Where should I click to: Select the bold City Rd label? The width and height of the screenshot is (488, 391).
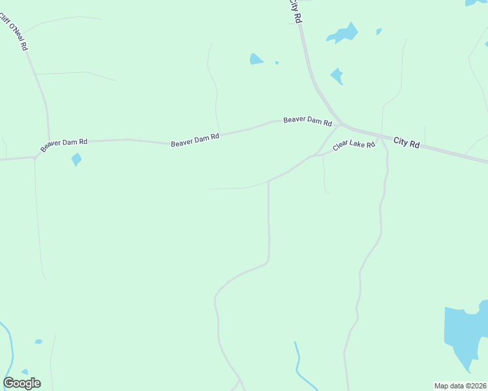coord(406,143)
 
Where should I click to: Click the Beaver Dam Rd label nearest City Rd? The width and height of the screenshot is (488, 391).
coord(307,121)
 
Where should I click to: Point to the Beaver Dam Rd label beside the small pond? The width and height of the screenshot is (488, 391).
coord(64,145)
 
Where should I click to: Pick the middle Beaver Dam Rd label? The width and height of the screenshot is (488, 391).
coord(195,140)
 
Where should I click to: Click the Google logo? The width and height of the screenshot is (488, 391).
coord(22,383)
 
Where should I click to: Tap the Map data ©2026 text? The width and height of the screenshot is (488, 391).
coord(460,386)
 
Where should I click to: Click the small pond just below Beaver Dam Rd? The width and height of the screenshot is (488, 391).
coord(76,159)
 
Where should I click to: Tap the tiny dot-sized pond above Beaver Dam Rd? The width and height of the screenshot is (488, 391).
coord(277,63)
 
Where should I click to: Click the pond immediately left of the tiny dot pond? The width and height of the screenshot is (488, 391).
coord(256,59)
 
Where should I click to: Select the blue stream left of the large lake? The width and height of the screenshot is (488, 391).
coord(298,365)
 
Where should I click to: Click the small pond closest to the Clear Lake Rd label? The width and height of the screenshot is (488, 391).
coord(337,76)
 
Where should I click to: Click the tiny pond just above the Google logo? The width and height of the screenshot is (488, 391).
coord(25,371)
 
